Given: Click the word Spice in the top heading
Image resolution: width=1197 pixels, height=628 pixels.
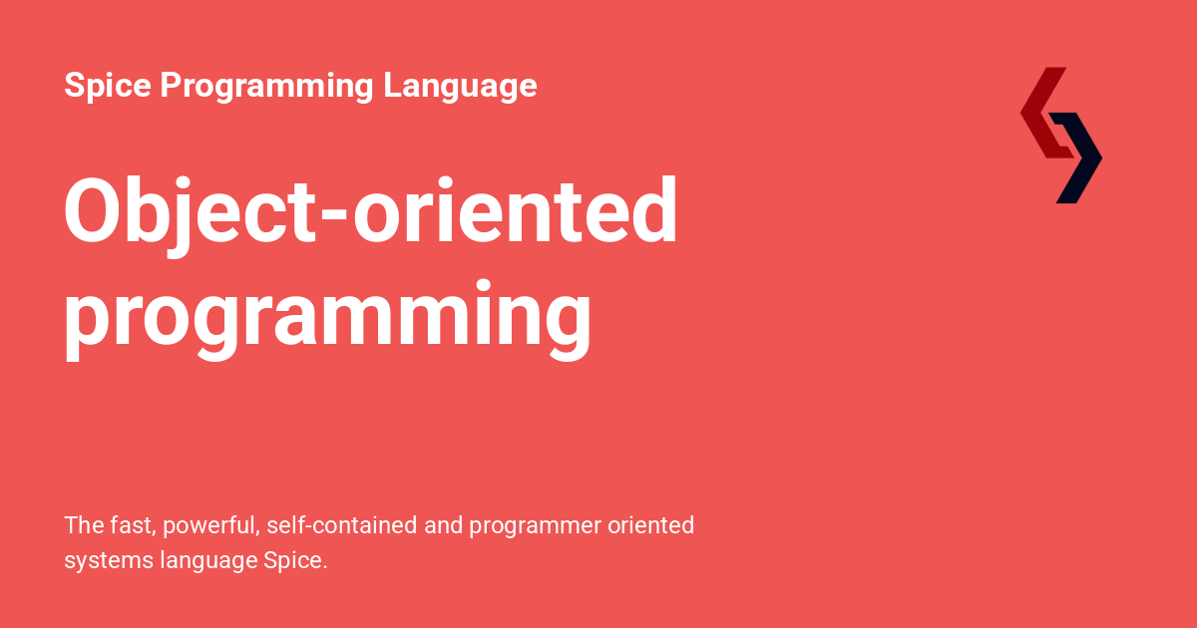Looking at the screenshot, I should click(108, 86).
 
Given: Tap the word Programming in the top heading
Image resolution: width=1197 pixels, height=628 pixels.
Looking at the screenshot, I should click(266, 86).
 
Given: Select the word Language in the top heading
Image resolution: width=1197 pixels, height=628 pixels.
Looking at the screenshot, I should click(460, 86).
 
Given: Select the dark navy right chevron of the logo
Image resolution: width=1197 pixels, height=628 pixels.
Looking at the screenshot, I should click(1080, 157).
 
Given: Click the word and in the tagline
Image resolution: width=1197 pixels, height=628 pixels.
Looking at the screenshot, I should click(443, 525).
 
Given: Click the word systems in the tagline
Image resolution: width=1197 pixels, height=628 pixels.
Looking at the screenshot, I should click(108, 561).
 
